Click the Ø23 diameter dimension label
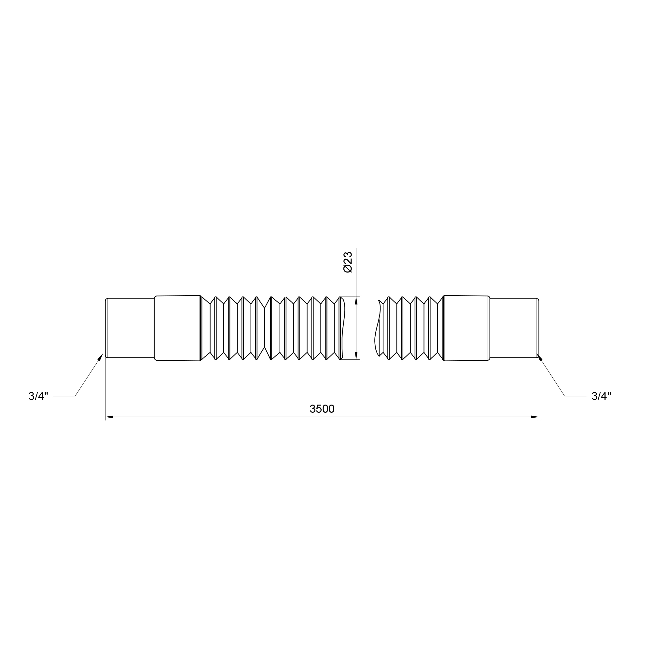(x=347, y=262)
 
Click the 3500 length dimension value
(x=322, y=409)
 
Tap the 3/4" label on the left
(x=38, y=396)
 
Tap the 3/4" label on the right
(x=602, y=396)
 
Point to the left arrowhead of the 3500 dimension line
(x=109, y=417)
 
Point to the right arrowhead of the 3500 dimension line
(x=535, y=417)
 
